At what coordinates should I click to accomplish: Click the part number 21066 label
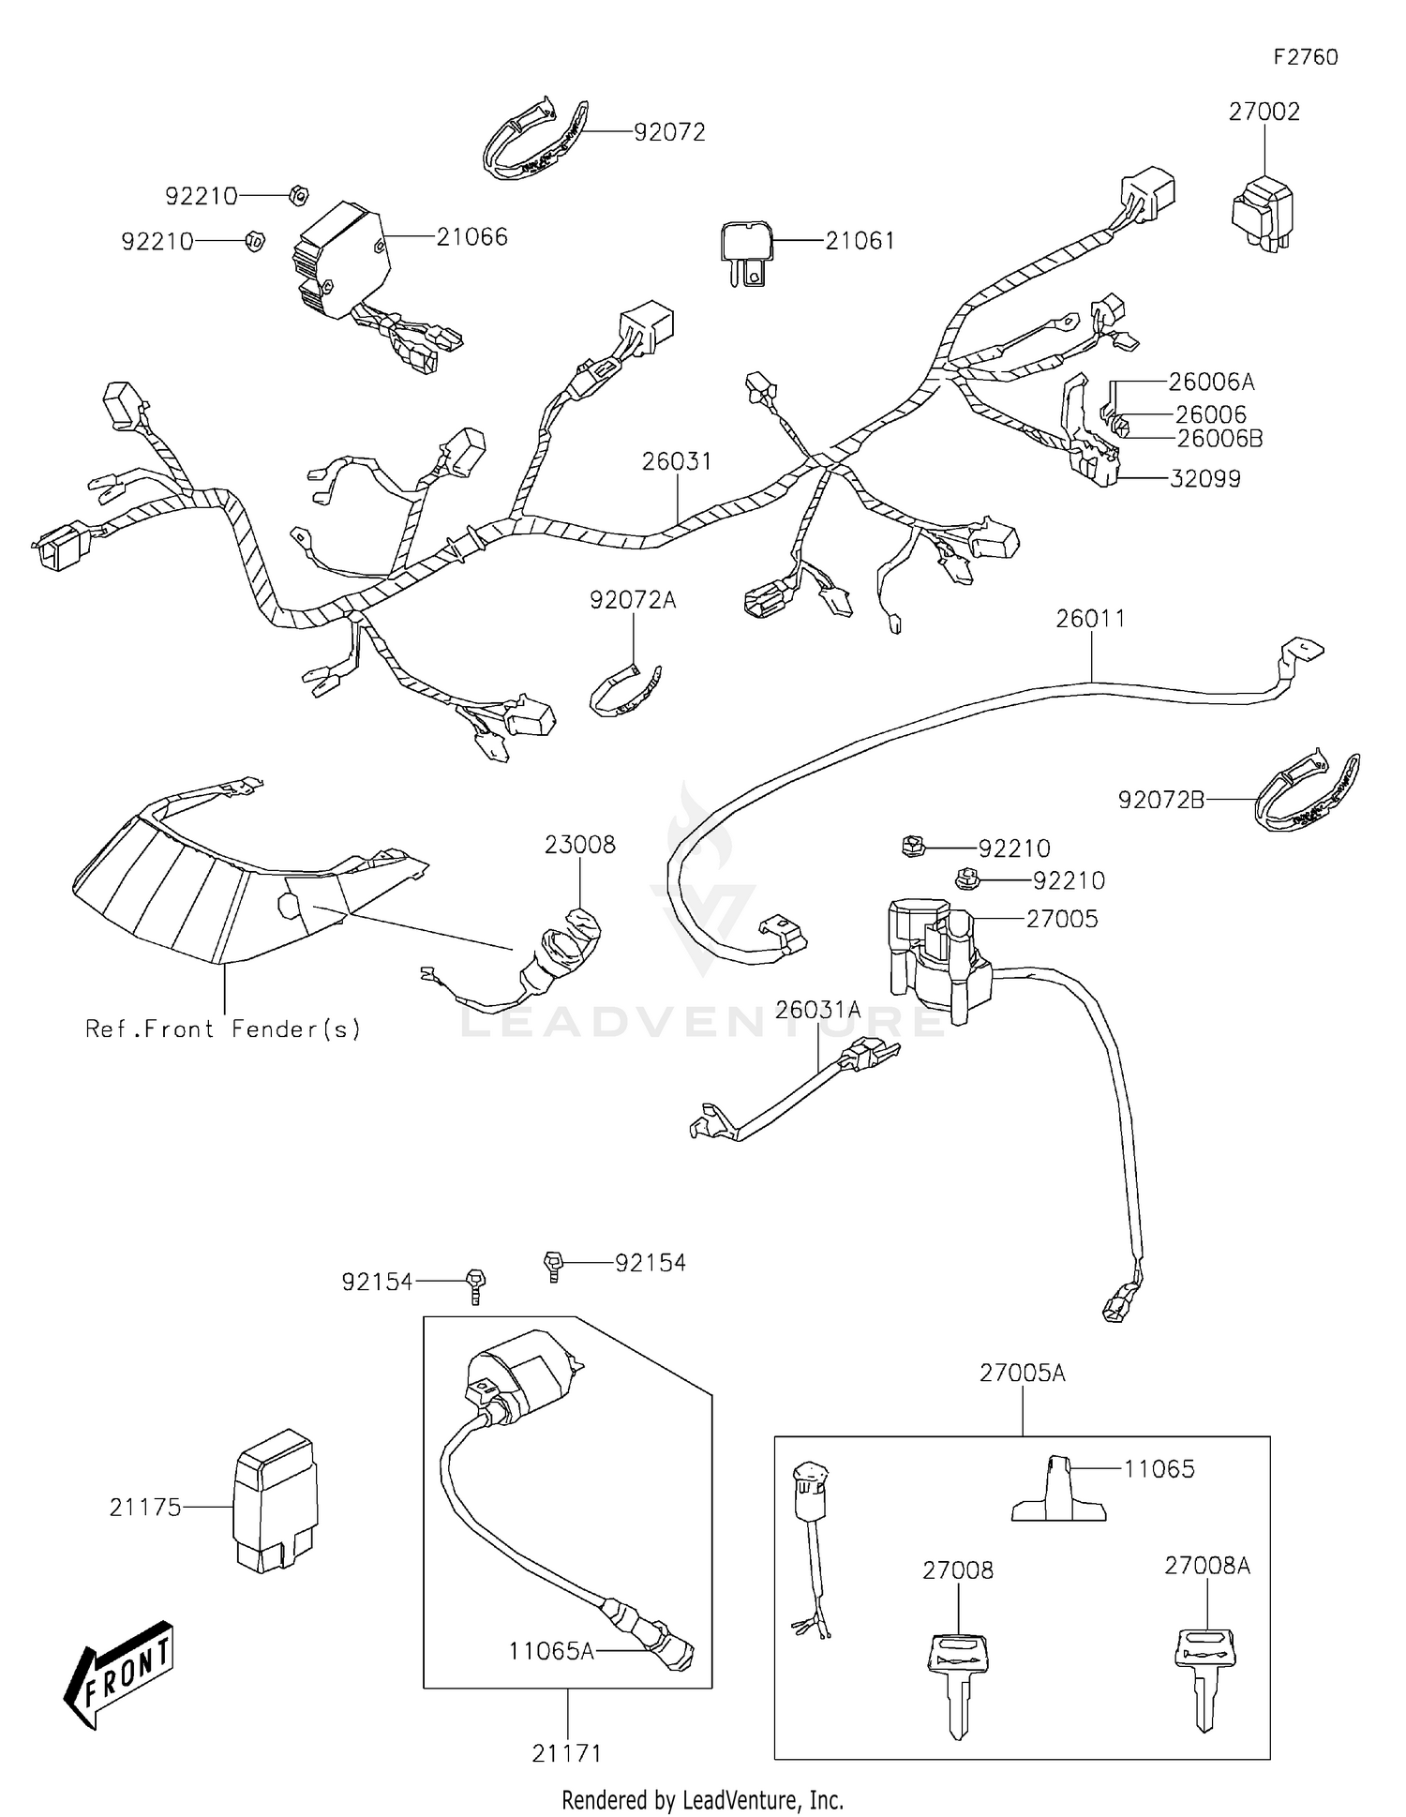coord(471,237)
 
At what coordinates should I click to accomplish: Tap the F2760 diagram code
coord(1305,57)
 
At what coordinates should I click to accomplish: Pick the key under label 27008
coord(958,1682)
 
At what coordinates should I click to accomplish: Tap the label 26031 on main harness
coord(677,461)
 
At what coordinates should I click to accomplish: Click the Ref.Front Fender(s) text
coord(223,1029)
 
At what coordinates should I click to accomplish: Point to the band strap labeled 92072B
coord(1307,789)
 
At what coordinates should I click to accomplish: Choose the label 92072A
coord(633,600)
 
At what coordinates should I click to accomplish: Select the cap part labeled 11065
coord(1058,1491)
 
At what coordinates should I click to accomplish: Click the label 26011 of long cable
coord(1090,619)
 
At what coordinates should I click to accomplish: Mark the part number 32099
coord(1204,479)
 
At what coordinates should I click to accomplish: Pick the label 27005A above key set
coord(1022,1374)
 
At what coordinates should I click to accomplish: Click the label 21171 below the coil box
coord(567,1753)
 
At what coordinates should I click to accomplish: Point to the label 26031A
coord(817,1010)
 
